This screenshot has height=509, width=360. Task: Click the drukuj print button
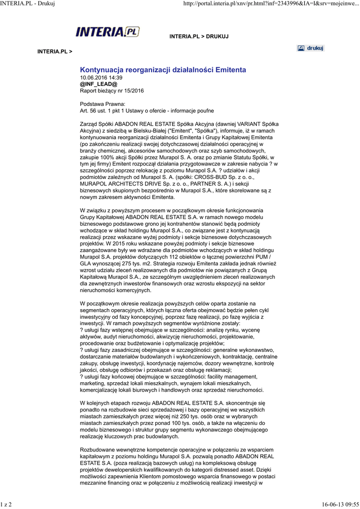(x=310, y=48)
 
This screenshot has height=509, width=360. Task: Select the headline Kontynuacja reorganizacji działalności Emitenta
(x=163, y=70)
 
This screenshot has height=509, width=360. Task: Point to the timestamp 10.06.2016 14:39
(x=101, y=78)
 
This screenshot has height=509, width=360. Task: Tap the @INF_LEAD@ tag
(x=99, y=85)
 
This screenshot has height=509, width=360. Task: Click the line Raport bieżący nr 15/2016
(x=112, y=91)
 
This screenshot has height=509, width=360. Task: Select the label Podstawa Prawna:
(x=99, y=104)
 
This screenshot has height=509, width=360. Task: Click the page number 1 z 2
(x=6, y=505)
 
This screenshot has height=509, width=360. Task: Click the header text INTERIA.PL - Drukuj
(x=27, y=4)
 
